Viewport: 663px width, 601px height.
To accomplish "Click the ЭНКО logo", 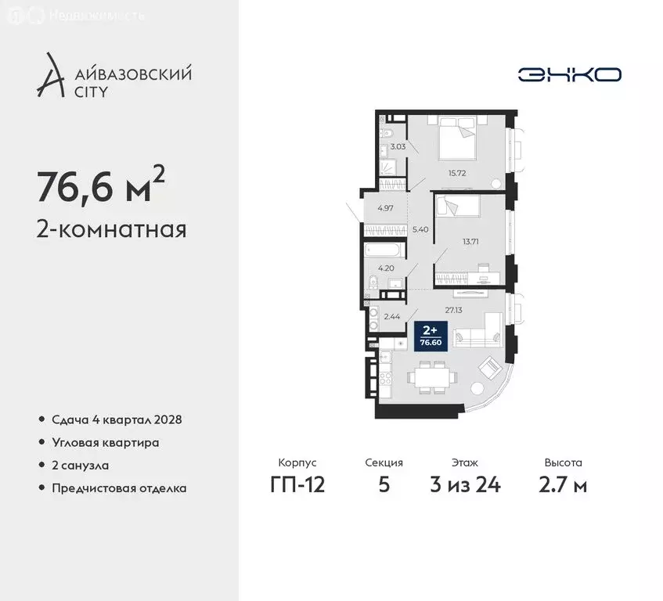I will [569, 74].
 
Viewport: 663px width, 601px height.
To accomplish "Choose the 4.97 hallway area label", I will [384, 208].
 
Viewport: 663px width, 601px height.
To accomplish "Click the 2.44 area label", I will [392, 318].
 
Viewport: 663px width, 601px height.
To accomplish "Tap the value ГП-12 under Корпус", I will [297, 484].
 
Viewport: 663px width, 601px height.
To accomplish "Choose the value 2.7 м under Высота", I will [563, 484].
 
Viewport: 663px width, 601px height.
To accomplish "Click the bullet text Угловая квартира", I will [106, 443].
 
